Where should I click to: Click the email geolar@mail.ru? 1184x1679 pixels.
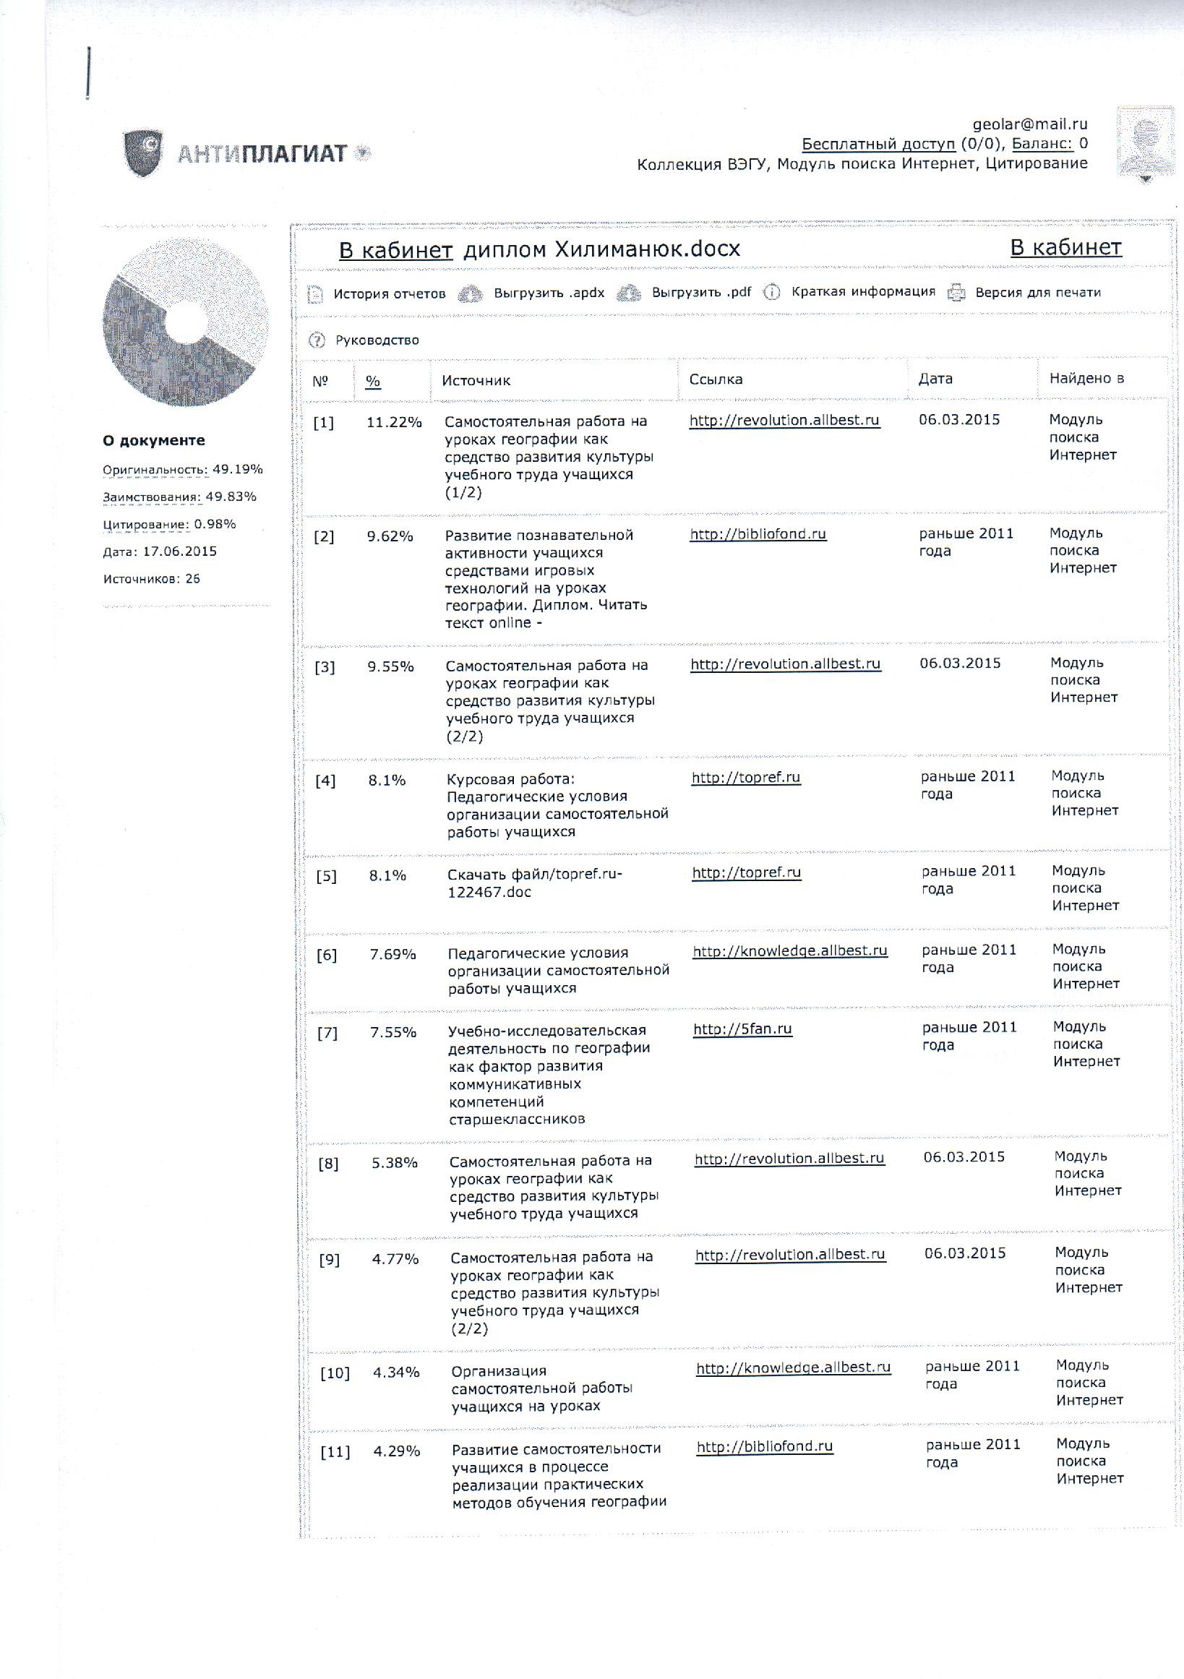(1029, 124)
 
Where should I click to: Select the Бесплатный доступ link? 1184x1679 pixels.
(878, 144)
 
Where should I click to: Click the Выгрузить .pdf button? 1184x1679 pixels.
(700, 293)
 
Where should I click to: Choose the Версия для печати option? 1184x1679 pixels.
(1037, 293)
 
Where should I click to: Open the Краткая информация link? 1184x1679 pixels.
(862, 292)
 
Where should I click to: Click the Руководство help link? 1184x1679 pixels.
(377, 340)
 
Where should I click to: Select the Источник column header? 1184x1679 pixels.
(476, 380)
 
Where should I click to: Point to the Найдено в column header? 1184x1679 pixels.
(1086, 378)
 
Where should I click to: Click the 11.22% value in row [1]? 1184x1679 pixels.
(394, 422)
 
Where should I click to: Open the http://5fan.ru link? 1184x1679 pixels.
(742, 1029)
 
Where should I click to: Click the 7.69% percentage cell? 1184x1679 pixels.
(392, 954)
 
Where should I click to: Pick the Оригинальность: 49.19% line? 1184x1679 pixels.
(182, 470)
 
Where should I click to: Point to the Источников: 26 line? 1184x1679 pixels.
(151, 578)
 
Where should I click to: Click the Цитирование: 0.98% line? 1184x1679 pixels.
(169, 524)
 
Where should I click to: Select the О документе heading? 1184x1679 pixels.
(153, 440)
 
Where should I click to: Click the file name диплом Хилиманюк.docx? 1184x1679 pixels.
(601, 249)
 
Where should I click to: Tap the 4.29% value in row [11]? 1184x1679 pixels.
(396, 1451)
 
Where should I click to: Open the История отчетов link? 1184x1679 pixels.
(389, 294)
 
